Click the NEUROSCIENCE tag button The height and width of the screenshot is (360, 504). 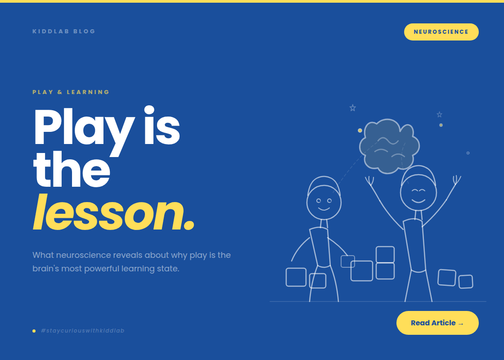[441, 32]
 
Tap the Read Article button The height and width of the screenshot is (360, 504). [437, 323]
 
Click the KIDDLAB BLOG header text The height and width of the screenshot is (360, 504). [64, 31]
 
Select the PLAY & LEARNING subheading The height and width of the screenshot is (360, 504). [71, 92]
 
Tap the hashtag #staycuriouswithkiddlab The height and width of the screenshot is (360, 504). [82, 331]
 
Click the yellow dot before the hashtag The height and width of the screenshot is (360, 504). [34, 331]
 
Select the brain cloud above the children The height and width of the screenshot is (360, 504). [389, 146]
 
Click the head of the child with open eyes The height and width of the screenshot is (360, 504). [324, 202]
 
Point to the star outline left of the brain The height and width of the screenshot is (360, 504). [353, 108]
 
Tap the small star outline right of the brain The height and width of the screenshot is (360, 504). [440, 115]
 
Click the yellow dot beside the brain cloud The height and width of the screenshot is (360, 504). [360, 130]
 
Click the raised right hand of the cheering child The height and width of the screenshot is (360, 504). [457, 180]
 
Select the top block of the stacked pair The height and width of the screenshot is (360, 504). [385, 255]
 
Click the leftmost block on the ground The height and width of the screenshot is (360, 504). [296, 277]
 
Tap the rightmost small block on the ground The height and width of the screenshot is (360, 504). [466, 282]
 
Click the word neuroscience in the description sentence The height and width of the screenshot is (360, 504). [84, 255]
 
